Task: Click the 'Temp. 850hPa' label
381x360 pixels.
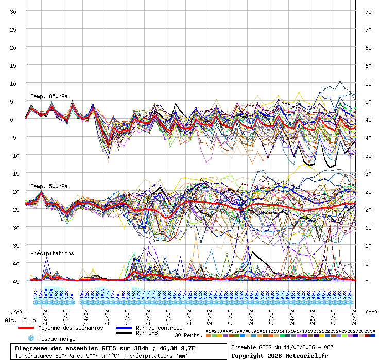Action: coord(49,96)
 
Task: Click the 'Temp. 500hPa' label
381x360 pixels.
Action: coord(49,186)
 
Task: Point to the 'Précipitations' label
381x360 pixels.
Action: coord(52,253)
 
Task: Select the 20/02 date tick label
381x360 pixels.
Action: coord(209,315)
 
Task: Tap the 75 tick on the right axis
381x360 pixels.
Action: coord(368,11)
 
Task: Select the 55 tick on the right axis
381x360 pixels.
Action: coord(368,83)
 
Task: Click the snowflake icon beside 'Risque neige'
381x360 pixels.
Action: coord(31,338)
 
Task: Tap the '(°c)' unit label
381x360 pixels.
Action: coord(17,312)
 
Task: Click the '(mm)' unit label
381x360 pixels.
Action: coord(371,312)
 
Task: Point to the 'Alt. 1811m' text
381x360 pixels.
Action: coord(19,320)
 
